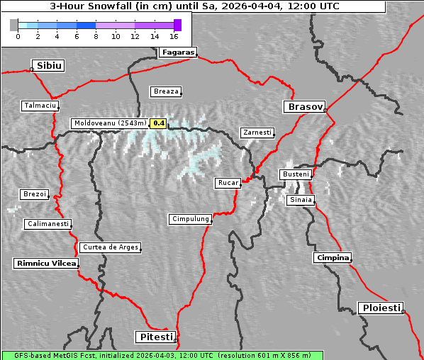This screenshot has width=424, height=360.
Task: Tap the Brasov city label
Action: pos(304,107)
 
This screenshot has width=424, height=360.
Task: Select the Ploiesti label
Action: pos(381,308)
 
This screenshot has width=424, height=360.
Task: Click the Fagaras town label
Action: pos(177,52)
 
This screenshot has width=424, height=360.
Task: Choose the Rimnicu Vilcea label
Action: pos(45,264)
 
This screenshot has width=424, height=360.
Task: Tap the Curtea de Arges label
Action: pos(110,247)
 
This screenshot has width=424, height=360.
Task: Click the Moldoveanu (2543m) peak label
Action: pos(110,123)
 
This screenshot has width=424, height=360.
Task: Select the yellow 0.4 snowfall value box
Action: pos(159,123)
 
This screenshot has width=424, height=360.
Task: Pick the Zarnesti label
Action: pos(256,133)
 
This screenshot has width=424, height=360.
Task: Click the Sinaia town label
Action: pos(300,200)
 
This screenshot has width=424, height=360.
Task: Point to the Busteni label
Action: pos(295,174)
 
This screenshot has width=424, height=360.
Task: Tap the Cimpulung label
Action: pos(190,219)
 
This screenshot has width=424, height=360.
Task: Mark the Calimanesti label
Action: pos(48,224)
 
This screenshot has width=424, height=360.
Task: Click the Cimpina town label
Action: pos(333,257)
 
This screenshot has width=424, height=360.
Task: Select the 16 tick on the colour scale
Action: pos(174,35)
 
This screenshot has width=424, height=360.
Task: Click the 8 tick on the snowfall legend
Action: pos(96,35)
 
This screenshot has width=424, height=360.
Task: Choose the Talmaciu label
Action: pos(39,106)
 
